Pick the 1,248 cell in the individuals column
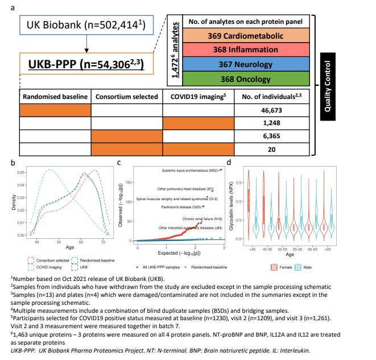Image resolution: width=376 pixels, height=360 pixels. pyautogui.click(x=274, y=123)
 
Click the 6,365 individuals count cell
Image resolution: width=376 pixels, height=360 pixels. pyautogui.click(x=274, y=136)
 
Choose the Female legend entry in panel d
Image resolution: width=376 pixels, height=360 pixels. pyautogui.click(x=282, y=266)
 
